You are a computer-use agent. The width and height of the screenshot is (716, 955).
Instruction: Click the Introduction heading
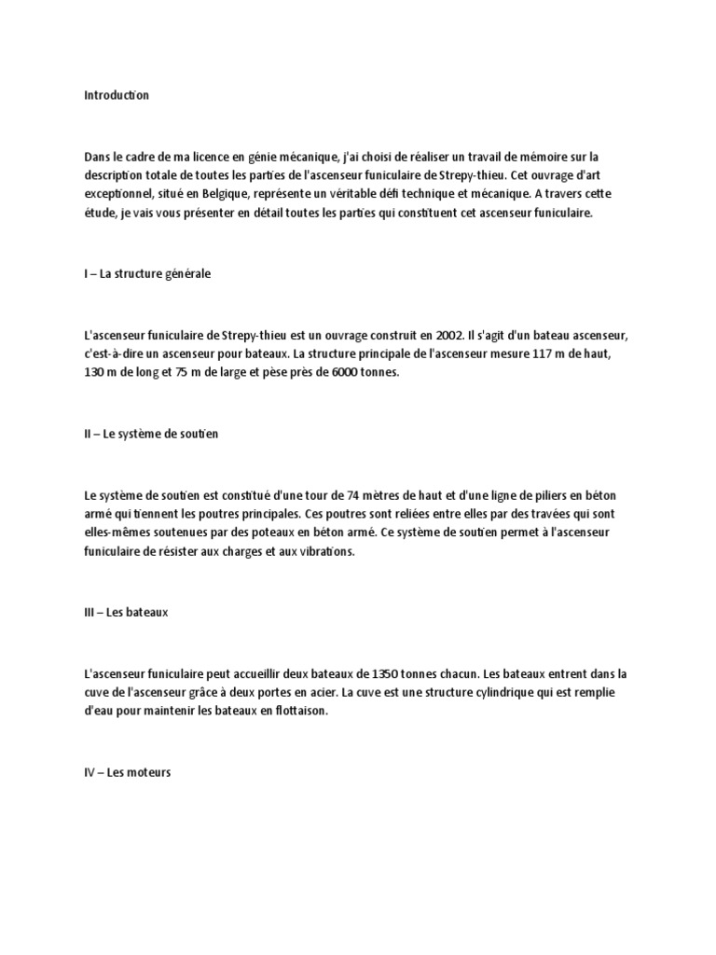coord(117,95)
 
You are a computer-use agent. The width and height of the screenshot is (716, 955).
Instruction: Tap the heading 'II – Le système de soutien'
coord(151,435)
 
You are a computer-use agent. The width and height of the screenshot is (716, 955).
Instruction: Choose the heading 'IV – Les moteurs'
coord(127,773)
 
